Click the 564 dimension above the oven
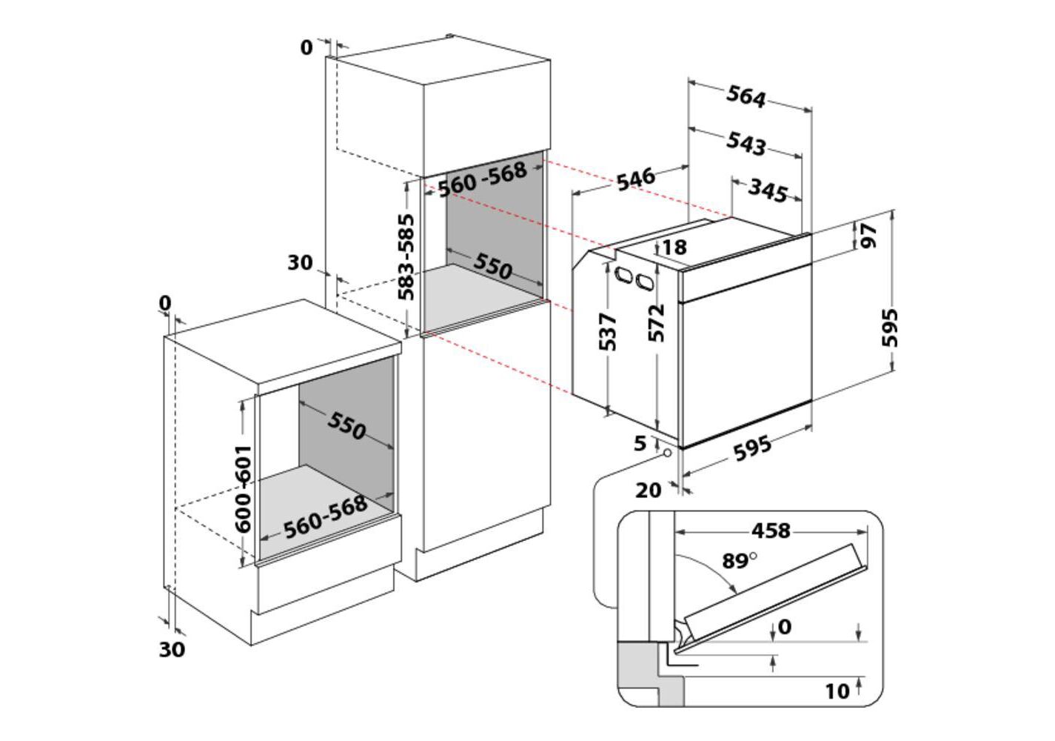tap(746, 97)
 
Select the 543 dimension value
tap(746, 143)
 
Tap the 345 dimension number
tap(767, 190)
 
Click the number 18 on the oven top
tap(674, 247)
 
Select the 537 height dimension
tap(607, 332)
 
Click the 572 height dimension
tap(657, 323)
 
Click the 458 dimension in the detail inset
tap(771, 531)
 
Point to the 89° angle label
tap(739, 561)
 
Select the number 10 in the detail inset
tap(837, 691)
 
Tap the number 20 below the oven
tap(649, 491)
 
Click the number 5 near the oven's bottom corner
tap(640, 444)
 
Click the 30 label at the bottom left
tap(172, 650)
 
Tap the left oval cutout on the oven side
tap(623, 275)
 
